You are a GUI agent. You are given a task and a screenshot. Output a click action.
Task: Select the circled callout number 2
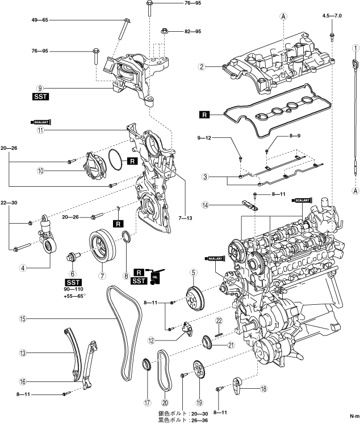(201, 67)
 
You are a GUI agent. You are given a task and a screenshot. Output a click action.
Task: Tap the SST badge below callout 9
(40, 97)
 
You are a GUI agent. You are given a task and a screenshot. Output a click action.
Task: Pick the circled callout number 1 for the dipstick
(354, 48)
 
